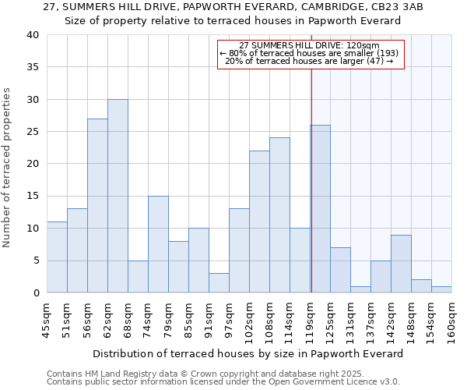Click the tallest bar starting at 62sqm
(x=118, y=196)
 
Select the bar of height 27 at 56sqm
(x=97, y=206)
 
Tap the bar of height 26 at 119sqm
(x=320, y=209)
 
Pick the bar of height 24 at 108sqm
(x=279, y=215)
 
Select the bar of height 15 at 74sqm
(x=158, y=244)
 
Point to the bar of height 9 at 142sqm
(x=401, y=264)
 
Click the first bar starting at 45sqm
(x=57, y=257)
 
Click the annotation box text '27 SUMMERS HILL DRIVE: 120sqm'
(x=310, y=46)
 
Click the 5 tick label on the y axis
(x=36, y=261)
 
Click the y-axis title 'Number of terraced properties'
(x=7, y=167)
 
